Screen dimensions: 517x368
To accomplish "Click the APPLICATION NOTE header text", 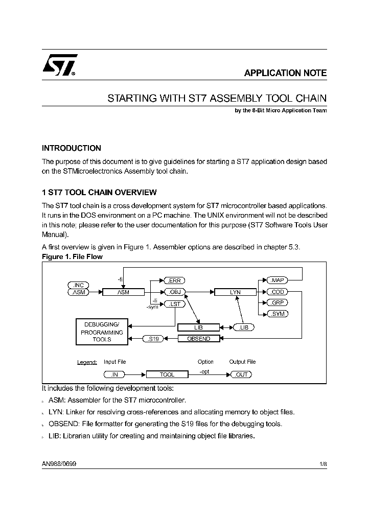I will point(285,73).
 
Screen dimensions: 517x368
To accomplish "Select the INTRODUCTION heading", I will point(71,148).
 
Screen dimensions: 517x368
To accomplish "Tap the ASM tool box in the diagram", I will point(123,292).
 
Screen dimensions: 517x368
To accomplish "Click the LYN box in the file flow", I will point(235,292).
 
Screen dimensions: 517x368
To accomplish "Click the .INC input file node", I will point(78,285).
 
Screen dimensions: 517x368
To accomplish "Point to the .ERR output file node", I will point(174,280).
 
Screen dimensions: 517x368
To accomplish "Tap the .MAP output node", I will point(278,280).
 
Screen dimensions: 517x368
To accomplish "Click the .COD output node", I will point(278,292).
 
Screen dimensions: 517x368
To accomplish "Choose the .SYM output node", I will point(278,313).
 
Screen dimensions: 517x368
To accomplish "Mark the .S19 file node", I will point(153,338).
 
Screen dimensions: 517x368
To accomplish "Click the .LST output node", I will point(174,304).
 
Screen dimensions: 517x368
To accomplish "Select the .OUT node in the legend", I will point(241,374).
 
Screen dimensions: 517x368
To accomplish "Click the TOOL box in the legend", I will point(167,374).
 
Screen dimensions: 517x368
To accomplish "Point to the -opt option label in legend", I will point(204,371).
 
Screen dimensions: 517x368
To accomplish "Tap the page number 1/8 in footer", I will point(323,464).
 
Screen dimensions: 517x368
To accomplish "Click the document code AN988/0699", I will point(59,464).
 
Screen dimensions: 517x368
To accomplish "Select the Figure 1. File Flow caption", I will point(72,257).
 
